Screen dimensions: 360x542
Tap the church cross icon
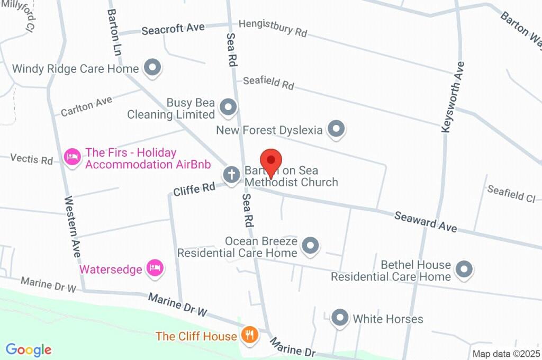pyautogui.click(x=231, y=174)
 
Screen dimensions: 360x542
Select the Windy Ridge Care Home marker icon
pyautogui.click(x=153, y=68)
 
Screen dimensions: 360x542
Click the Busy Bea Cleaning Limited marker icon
pyautogui.click(x=228, y=107)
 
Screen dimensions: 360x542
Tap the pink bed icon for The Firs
pyautogui.click(x=72, y=157)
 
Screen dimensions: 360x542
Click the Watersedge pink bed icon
pyautogui.click(x=155, y=268)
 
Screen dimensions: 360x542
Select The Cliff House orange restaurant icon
pyautogui.click(x=249, y=335)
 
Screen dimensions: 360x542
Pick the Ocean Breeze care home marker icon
pyautogui.click(x=310, y=245)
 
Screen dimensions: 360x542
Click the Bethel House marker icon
pyautogui.click(x=464, y=269)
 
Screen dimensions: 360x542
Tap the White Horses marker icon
pyautogui.click(x=339, y=318)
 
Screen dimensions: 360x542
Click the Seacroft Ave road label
pyautogui.click(x=173, y=29)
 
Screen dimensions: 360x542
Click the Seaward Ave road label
pyautogui.click(x=426, y=221)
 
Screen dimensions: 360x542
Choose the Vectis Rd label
pyautogui.click(x=32, y=158)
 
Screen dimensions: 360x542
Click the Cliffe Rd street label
pyautogui.click(x=194, y=189)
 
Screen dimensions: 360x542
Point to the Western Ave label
pyautogui.click(x=73, y=227)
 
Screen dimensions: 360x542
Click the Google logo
pyautogui.click(x=29, y=349)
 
